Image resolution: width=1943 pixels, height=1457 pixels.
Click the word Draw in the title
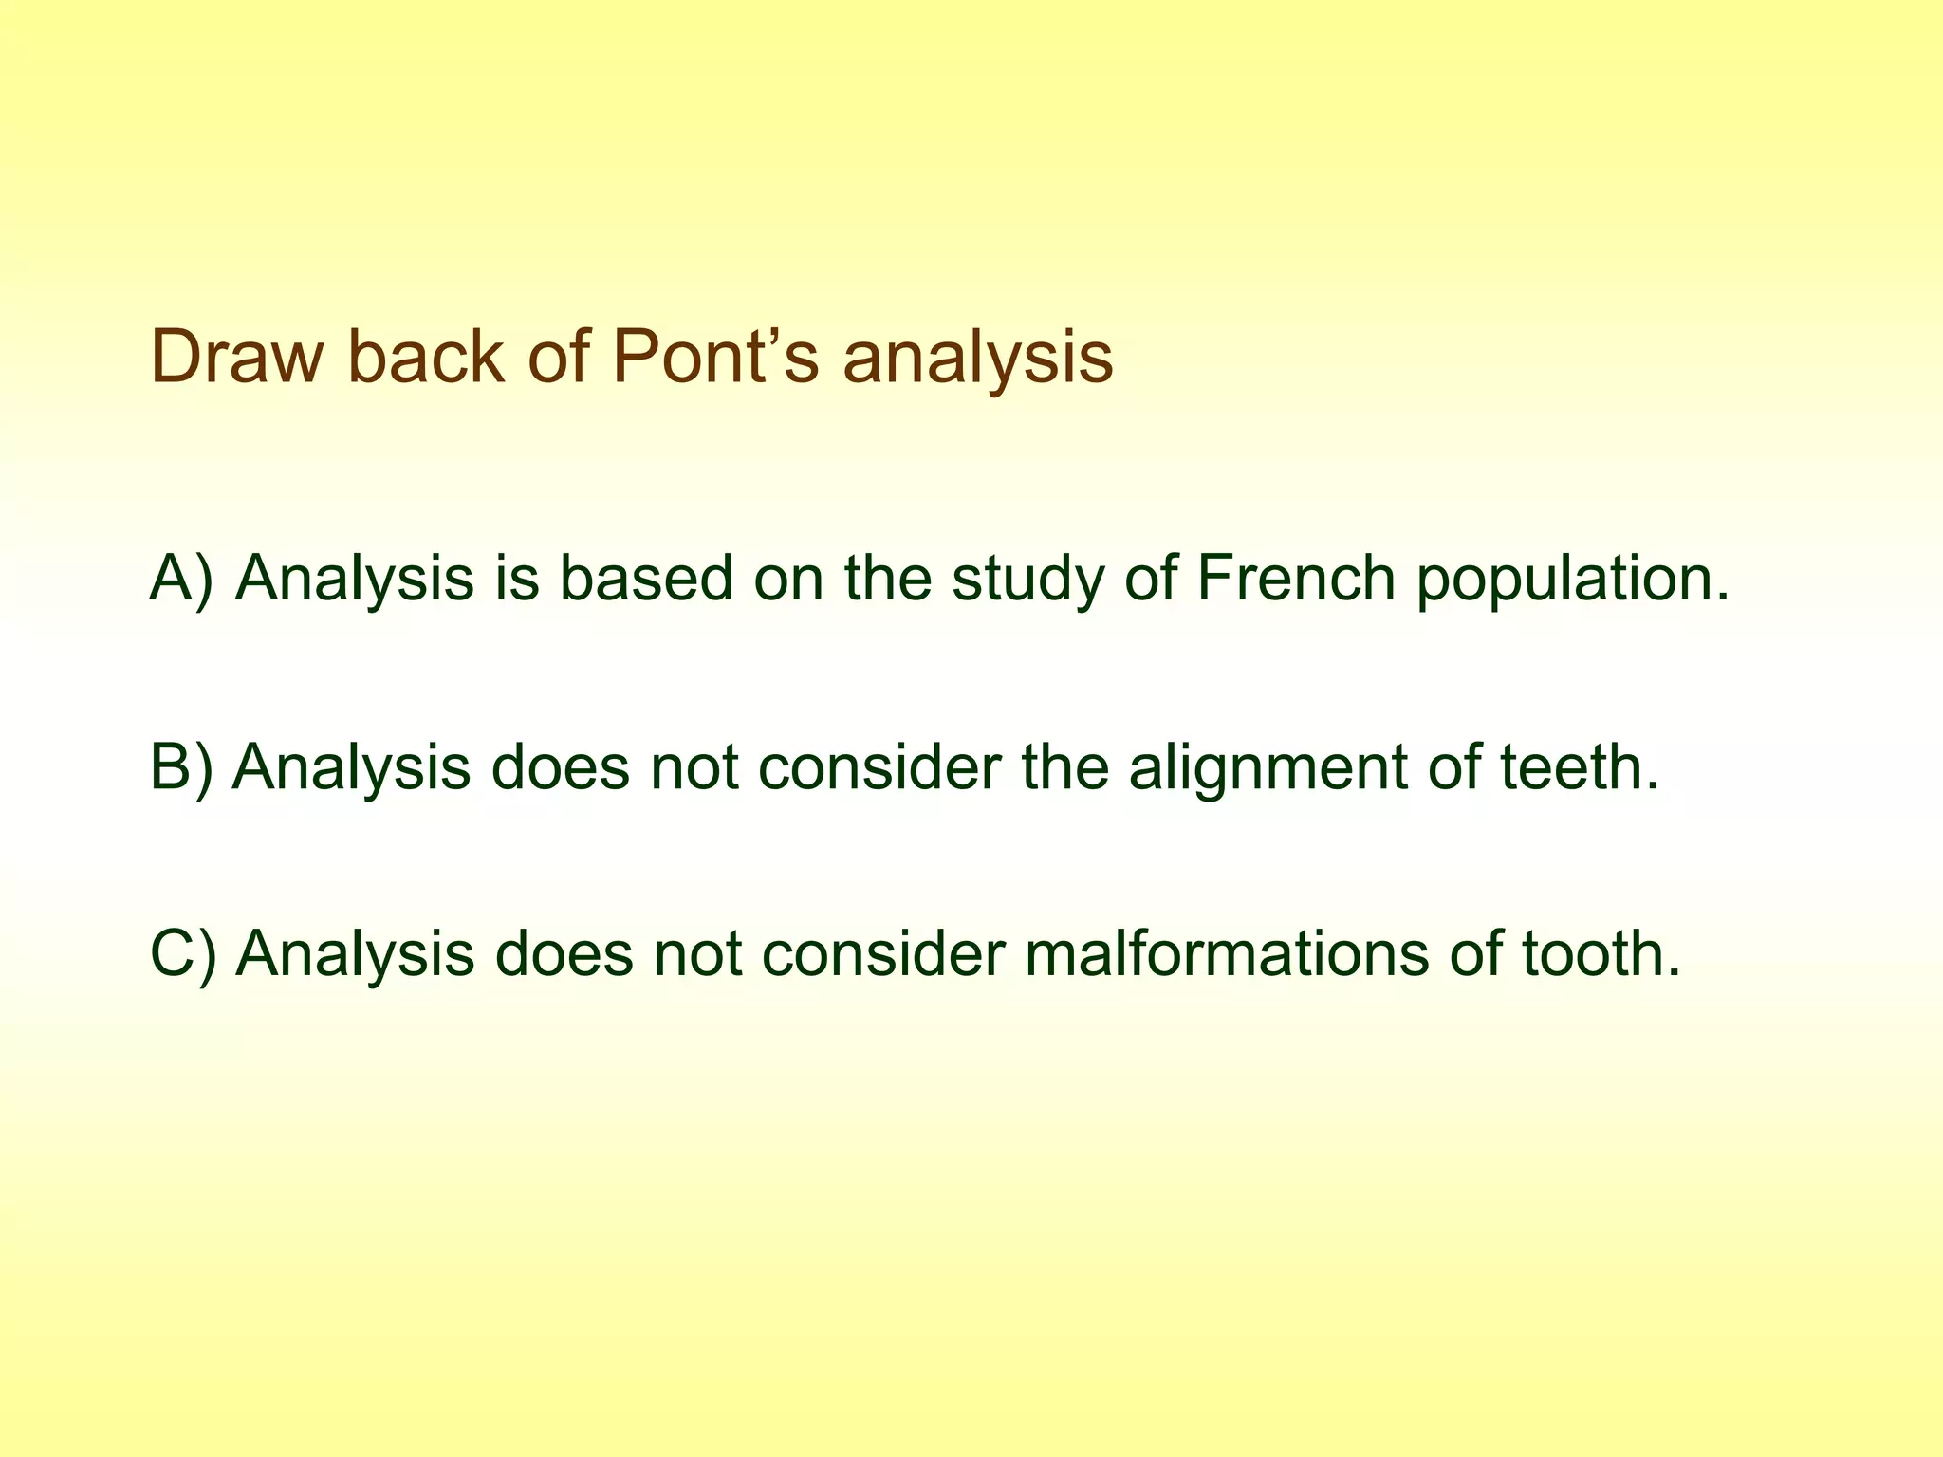232,358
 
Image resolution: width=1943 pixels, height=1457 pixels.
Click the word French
1296,578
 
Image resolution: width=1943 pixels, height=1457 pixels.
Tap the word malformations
1227,953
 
